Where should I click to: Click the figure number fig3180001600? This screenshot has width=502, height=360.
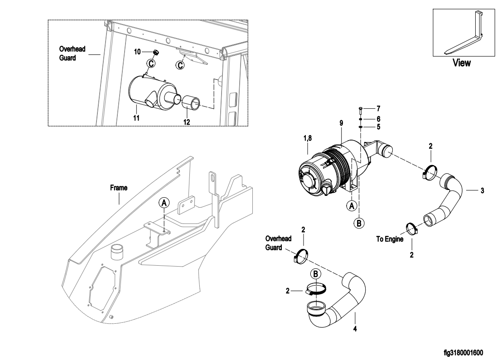pyautogui.click(x=463, y=353)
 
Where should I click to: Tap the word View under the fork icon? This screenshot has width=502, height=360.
pyautogui.click(x=461, y=63)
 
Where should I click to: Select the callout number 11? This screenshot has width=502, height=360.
pyautogui.click(x=136, y=118)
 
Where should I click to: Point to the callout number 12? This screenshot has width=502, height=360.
pyautogui.click(x=187, y=122)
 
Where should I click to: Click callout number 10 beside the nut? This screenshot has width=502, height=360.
pyautogui.click(x=137, y=52)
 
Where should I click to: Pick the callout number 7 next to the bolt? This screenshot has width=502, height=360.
pyautogui.click(x=378, y=108)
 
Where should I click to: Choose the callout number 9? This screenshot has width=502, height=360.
pyautogui.click(x=341, y=123)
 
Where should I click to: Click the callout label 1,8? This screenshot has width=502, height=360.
pyautogui.click(x=307, y=138)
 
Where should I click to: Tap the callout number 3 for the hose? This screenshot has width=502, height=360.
pyautogui.click(x=482, y=190)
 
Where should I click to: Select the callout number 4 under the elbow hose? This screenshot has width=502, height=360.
pyautogui.click(x=355, y=329)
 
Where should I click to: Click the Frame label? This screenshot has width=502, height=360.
pyautogui.click(x=118, y=188)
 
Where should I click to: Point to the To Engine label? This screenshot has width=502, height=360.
pyautogui.click(x=390, y=239)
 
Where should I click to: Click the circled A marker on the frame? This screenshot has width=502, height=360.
pyautogui.click(x=164, y=203)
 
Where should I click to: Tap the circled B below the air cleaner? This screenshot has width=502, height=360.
pyautogui.click(x=359, y=223)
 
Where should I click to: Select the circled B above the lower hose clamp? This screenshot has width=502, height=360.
pyautogui.click(x=316, y=274)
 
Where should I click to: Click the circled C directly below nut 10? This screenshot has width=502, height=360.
pyautogui.click(x=151, y=63)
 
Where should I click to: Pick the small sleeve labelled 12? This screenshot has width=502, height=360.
pyautogui.click(x=191, y=102)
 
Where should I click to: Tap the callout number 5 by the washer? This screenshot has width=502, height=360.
pyautogui.click(x=378, y=127)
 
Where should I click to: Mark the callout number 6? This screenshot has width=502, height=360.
pyautogui.click(x=378, y=119)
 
